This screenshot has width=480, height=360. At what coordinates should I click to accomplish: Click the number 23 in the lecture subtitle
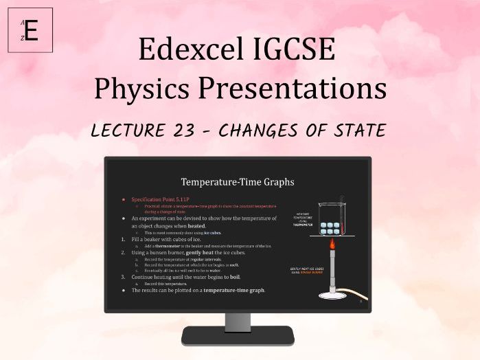[x=203, y=130]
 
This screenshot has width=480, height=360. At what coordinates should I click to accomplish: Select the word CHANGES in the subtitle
[x=277, y=130]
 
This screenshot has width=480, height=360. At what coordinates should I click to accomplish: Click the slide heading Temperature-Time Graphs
[x=238, y=182]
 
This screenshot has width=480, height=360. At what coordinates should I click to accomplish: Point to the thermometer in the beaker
[x=339, y=206]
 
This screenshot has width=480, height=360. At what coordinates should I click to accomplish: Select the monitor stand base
[x=238, y=336]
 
